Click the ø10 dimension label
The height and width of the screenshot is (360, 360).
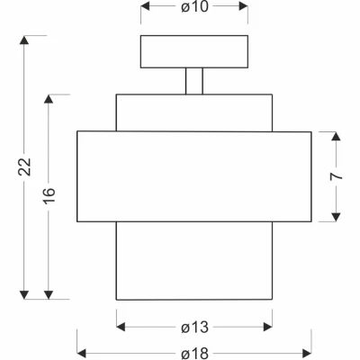point(194,6)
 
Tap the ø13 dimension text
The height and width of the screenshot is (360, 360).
point(194,328)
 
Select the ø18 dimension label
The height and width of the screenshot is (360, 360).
point(194,354)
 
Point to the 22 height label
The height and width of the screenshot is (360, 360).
point(24,166)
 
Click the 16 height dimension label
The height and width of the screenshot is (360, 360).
point(49,195)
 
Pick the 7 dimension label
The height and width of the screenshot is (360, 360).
point(336,176)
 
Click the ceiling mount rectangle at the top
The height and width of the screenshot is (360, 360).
point(194,51)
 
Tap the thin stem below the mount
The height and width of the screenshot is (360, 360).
point(194,81)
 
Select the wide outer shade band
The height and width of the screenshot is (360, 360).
point(194,176)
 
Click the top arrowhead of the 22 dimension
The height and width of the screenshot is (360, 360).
point(24,40)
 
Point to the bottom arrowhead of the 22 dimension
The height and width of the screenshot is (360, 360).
point(24,294)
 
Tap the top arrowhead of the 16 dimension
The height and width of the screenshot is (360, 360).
point(49,99)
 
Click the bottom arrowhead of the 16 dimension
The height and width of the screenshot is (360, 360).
point(49,294)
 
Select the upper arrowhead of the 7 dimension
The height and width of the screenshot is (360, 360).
point(337,136)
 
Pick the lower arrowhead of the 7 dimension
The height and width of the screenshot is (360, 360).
point(337,217)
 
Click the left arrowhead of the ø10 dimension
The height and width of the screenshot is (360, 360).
point(145,6)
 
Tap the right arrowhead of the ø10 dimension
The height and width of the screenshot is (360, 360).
point(243,6)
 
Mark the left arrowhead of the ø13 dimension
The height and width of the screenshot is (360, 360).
point(121,327)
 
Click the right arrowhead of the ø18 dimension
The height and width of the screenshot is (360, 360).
point(307,354)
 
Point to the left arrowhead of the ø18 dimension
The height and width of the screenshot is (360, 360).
point(82,354)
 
